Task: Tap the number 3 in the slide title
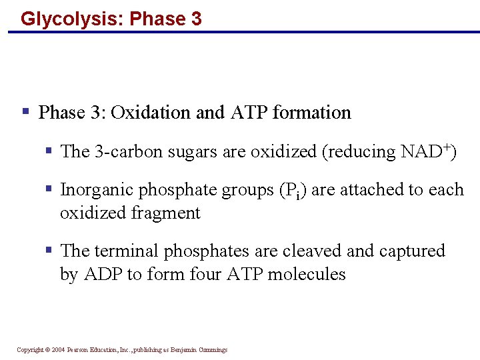pyautogui.click(x=195, y=18)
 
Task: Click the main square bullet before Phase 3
pyautogui.click(x=25, y=111)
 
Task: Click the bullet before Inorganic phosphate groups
pyautogui.click(x=49, y=189)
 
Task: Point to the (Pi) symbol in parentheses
pyautogui.click(x=291, y=191)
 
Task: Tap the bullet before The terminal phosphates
pyautogui.click(x=49, y=250)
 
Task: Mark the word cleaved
pyautogui.click(x=312, y=251)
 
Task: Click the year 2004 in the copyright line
pyautogui.click(x=57, y=350)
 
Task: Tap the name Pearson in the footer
pyautogui.click(x=80, y=350)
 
